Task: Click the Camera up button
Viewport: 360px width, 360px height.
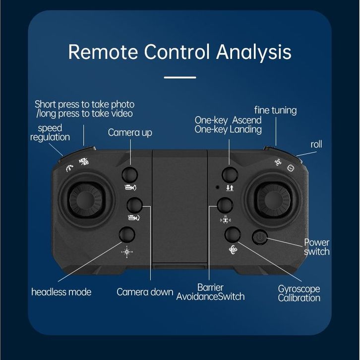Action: click(129, 175)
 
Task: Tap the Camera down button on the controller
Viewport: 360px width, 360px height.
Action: click(134, 205)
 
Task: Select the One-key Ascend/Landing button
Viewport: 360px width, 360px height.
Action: click(230, 175)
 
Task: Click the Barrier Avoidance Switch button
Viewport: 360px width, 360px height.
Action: click(225, 205)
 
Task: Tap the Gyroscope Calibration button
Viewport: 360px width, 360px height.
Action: click(233, 235)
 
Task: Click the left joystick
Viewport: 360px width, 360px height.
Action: click(86, 200)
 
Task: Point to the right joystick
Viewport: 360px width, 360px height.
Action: click(274, 200)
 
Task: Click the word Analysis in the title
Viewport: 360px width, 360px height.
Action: click(254, 52)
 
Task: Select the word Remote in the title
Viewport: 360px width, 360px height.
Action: click(103, 52)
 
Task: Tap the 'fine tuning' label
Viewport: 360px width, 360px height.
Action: click(276, 110)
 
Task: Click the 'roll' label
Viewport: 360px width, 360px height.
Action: click(316, 144)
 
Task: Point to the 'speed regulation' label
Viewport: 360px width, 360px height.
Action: click(50, 132)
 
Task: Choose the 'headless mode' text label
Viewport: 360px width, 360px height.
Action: click(61, 292)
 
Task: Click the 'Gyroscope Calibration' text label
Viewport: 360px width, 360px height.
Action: click(299, 294)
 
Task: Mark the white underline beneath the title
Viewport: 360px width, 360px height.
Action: click(180, 77)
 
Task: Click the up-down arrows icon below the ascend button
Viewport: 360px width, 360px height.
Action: click(230, 188)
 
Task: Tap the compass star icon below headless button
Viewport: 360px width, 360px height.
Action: click(127, 252)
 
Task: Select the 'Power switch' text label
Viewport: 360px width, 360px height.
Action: click(316, 247)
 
